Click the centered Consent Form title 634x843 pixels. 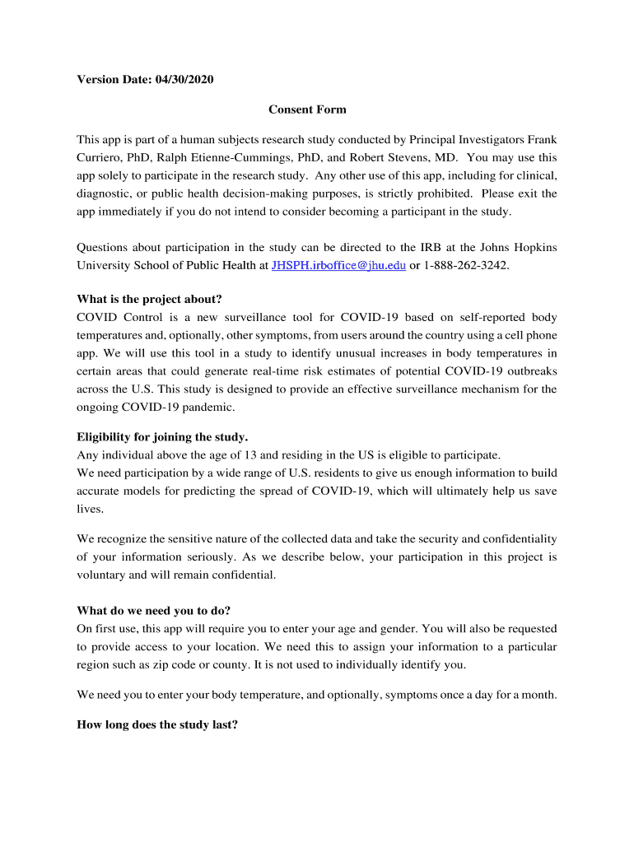[x=307, y=109]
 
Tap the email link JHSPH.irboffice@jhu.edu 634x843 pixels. [x=338, y=266]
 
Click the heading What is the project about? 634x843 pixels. [x=149, y=298]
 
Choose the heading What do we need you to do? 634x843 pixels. [x=154, y=611]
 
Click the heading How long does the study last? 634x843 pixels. [x=157, y=725]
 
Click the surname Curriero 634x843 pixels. [x=103, y=157]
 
